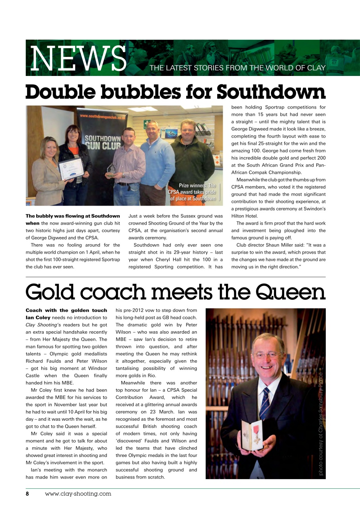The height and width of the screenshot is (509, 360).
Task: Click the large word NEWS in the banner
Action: [78, 58]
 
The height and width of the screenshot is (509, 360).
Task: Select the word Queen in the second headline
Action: [290, 292]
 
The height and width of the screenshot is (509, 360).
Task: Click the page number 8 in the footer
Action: [28, 494]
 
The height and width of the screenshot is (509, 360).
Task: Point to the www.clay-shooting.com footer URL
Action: [78, 494]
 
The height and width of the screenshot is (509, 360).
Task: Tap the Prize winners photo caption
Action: [193, 192]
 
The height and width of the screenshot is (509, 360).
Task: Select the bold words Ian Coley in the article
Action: [39, 318]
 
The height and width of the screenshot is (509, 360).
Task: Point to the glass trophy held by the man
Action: [112, 170]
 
